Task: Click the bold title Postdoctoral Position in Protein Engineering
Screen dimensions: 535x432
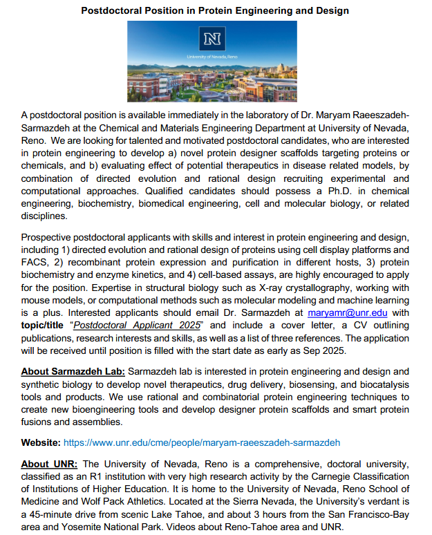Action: click(x=215, y=10)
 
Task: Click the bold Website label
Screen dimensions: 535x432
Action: click(x=41, y=442)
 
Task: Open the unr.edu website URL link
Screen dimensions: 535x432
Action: click(x=201, y=442)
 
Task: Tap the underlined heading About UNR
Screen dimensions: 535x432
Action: click(x=50, y=464)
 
